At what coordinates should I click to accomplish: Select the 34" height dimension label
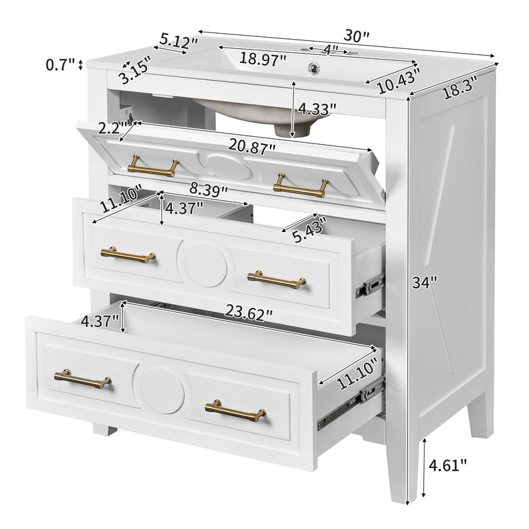point(424,283)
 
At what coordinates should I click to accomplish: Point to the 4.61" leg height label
point(448,465)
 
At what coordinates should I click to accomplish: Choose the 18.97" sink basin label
point(263,58)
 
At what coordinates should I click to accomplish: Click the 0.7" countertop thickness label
point(60,65)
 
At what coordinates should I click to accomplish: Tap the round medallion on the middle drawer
point(206,263)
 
